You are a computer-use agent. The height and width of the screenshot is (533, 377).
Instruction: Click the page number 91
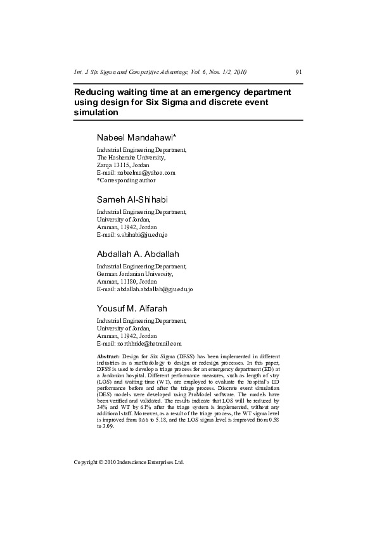[298, 72]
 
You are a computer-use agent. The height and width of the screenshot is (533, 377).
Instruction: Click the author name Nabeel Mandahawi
[136, 137]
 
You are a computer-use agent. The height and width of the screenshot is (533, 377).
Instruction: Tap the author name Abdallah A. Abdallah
[137, 254]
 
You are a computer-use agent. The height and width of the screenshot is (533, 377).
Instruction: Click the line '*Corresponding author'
[125, 180]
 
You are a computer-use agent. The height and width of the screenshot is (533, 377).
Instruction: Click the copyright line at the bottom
[129, 462]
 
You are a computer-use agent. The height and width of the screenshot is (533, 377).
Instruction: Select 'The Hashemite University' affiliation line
[131, 157]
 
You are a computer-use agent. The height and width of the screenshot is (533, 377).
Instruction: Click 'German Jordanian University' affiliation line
[134, 274]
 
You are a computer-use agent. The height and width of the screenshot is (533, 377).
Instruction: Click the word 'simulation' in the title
[96, 113]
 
